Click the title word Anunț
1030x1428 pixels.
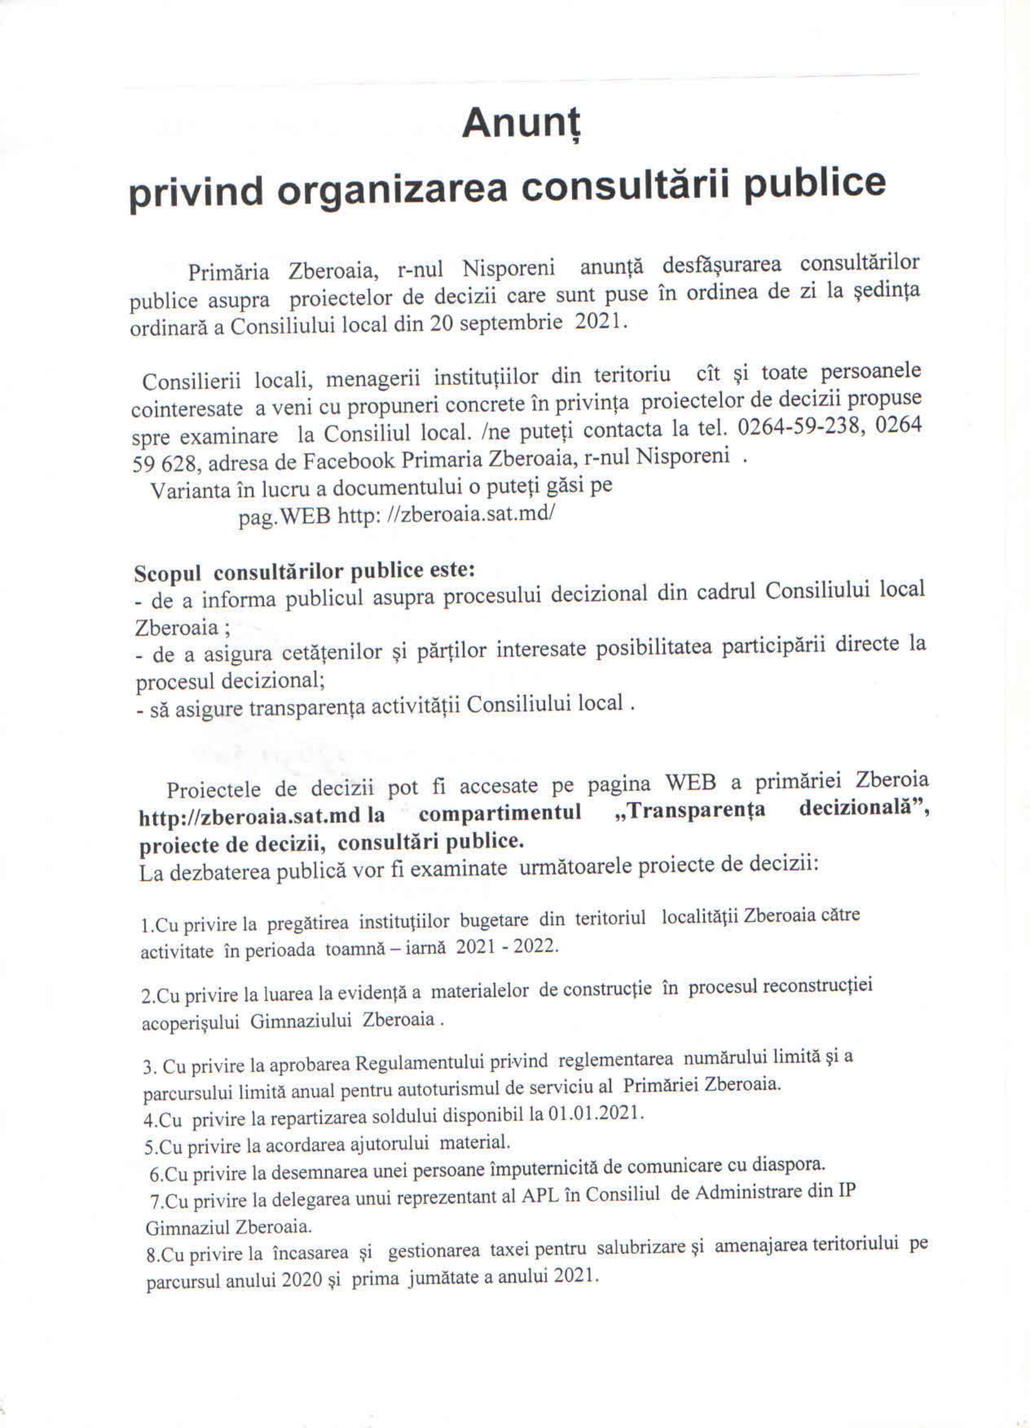pyautogui.click(x=521, y=124)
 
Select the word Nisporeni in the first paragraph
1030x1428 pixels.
pyautogui.click(x=508, y=269)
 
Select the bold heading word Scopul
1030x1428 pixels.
pyautogui.click(x=167, y=574)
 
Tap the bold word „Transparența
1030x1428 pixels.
pyautogui.click(x=689, y=810)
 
